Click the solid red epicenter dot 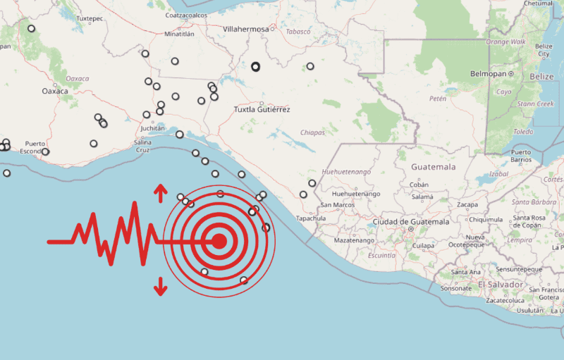coord(219,242)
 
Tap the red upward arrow coord(161,192)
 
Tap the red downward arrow coord(161,286)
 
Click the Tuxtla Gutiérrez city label coord(262,110)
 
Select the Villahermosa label coord(245,29)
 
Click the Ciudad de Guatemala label coord(410,222)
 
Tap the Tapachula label coord(311,218)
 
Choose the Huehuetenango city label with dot coord(356,194)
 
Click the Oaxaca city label coord(54,92)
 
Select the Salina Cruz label coord(142,146)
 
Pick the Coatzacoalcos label coord(187,15)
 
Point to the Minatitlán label coord(178,33)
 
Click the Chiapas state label coord(312,132)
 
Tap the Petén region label coord(438,99)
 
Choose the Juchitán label coord(152,128)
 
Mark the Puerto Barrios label coord(521,156)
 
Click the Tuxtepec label coord(89,18)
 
